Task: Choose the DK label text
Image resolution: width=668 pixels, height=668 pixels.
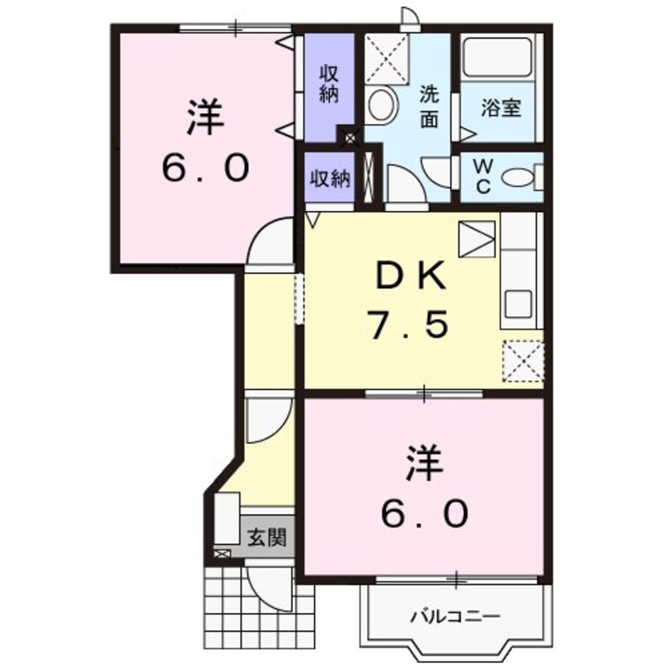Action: (411, 277)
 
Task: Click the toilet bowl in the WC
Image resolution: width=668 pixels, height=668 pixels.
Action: (518, 178)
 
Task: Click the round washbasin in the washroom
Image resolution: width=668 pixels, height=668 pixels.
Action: (383, 103)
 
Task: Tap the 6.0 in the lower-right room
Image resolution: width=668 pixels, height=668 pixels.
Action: (426, 514)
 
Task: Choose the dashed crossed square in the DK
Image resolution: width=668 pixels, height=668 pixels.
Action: (523, 359)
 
